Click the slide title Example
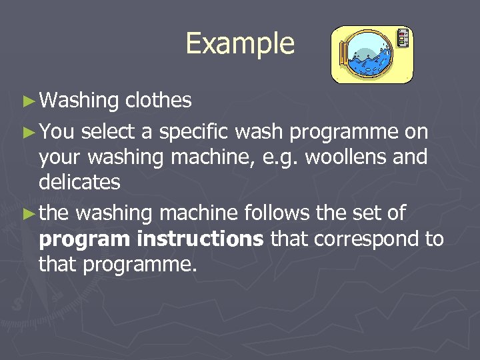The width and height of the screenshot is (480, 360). point(240,44)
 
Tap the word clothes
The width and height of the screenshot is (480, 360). point(159,101)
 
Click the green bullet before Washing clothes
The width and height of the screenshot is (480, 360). point(27,101)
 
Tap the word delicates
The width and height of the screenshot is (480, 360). point(79,181)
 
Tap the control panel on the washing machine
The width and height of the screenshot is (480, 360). point(402,38)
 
